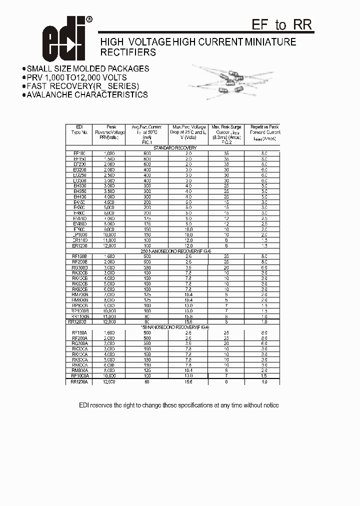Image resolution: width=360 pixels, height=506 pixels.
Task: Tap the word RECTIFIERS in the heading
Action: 128,52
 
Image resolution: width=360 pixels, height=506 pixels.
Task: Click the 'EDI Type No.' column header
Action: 79,132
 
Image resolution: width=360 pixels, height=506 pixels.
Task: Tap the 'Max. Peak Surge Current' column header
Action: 226,132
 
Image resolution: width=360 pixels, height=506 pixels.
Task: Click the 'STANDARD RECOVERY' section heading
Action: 174,148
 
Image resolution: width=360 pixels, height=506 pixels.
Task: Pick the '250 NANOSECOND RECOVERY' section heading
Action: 174,251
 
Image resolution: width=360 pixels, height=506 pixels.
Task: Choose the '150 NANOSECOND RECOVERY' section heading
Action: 174,327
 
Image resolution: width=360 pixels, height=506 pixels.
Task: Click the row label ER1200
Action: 79,246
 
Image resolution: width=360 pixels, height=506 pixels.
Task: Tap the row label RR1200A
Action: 79,382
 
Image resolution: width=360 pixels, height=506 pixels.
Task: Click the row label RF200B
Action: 79,262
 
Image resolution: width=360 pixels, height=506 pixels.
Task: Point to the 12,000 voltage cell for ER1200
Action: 109,246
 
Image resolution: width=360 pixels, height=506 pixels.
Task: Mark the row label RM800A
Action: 79,370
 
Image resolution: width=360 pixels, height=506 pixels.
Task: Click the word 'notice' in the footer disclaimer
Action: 269,405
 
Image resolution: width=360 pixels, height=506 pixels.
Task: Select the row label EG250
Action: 79,175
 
